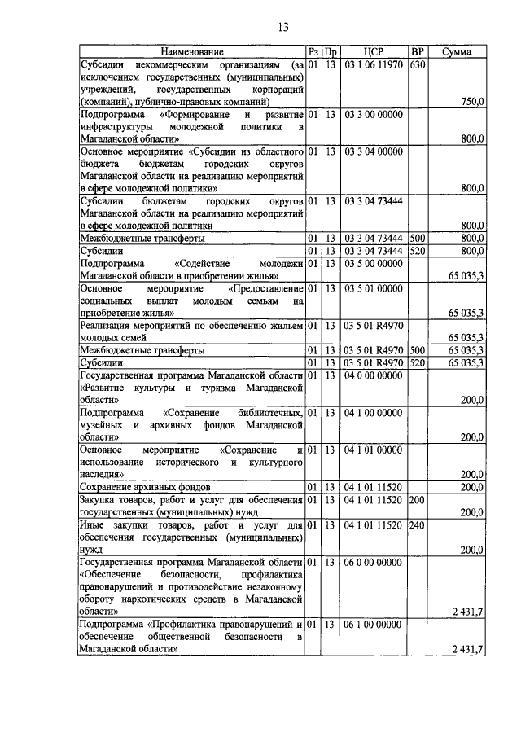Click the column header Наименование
[x=191, y=52]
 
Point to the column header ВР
[x=418, y=52]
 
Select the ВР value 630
[x=418, y=64]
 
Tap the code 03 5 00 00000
[x=374, y=264]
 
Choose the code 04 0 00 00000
[x=374, y=375]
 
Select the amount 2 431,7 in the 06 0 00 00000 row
[x=468, y=612]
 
